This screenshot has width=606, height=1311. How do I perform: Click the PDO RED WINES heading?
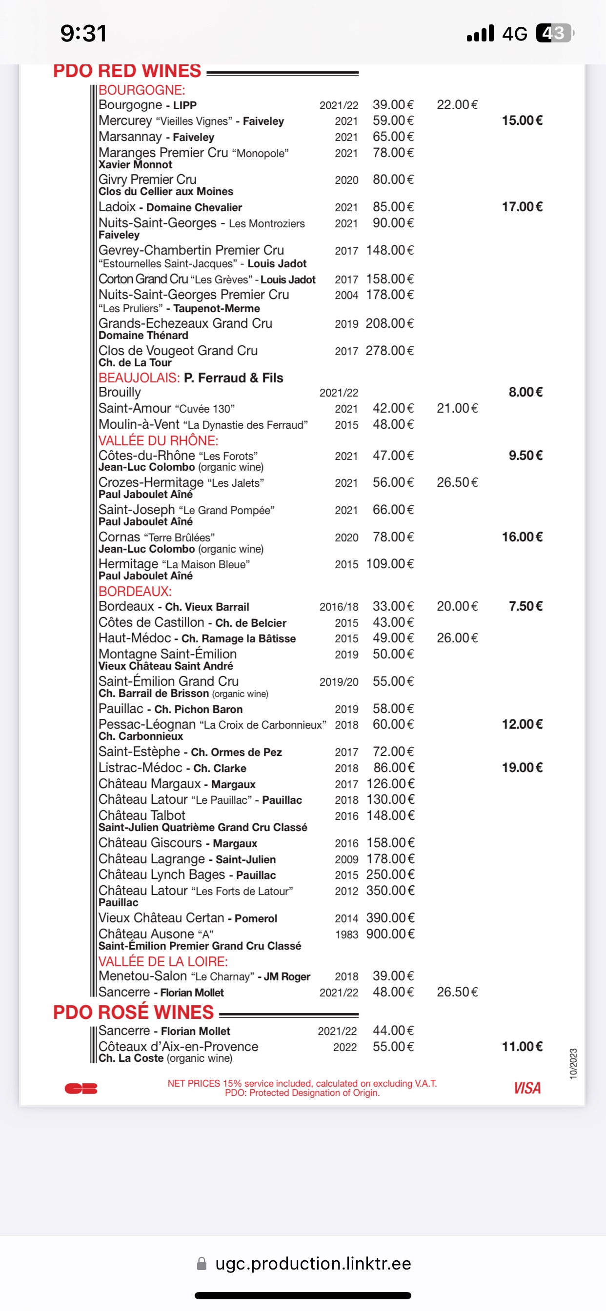(127, 71)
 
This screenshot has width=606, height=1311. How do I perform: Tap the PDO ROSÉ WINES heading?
(133, 1012)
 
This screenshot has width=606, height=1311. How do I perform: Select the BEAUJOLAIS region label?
(139, 377)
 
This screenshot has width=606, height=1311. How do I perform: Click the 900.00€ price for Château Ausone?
(390, 934)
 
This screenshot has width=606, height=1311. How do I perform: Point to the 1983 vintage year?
(346, 934)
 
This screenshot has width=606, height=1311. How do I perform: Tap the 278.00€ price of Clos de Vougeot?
(389, 351)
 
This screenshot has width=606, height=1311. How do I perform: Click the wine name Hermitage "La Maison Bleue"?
(174, 564)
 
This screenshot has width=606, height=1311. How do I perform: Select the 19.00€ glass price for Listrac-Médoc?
(522, 768)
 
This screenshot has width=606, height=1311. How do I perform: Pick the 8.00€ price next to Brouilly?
(525, 392)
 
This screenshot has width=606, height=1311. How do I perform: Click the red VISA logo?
(527, 1088)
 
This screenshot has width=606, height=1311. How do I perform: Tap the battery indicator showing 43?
(554, 33)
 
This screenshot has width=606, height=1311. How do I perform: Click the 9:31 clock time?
(83, 34)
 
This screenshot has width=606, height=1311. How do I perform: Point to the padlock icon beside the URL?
(202, 1264)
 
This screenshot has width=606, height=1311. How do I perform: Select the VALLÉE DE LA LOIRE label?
(163, 961)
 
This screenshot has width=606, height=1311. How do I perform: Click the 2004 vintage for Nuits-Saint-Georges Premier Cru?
(346, 295)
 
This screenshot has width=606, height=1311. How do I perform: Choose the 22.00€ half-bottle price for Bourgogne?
(457, 105)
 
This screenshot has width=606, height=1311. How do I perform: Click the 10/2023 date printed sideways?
(573, 1064)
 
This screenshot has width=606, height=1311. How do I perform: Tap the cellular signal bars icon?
(480, 33)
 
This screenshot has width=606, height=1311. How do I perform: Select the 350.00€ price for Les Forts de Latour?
(390, 891)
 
